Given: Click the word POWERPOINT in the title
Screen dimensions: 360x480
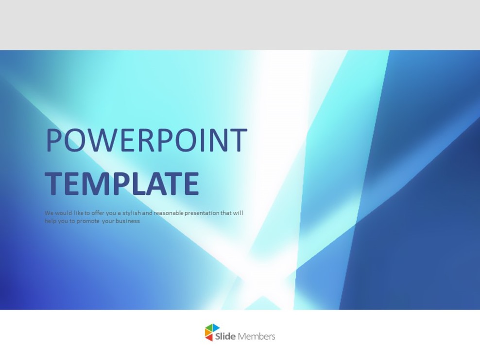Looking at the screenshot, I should coord(146,141).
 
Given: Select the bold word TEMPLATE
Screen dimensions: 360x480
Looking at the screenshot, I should coord(121,184).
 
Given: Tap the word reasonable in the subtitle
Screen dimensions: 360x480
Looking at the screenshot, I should coord(169,213).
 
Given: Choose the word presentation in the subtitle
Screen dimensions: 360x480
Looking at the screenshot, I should coord(202,213).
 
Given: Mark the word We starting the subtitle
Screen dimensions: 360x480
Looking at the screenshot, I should coord(49,213).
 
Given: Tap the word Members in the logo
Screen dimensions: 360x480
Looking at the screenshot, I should coord(257,336).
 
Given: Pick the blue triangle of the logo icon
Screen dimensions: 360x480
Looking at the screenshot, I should coord(215,328).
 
